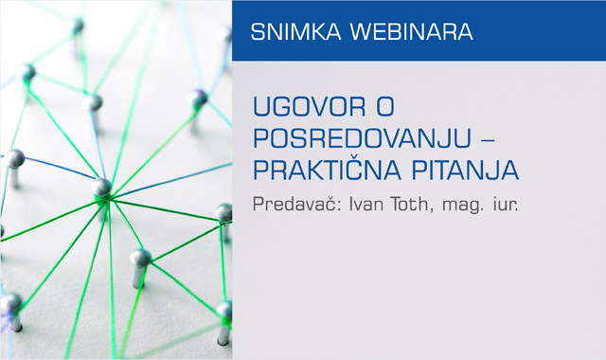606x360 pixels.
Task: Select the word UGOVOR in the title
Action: click(x=306, y=106)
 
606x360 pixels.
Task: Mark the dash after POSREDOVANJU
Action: click(x=490, y=139)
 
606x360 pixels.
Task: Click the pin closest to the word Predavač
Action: click(x=224, y=211)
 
